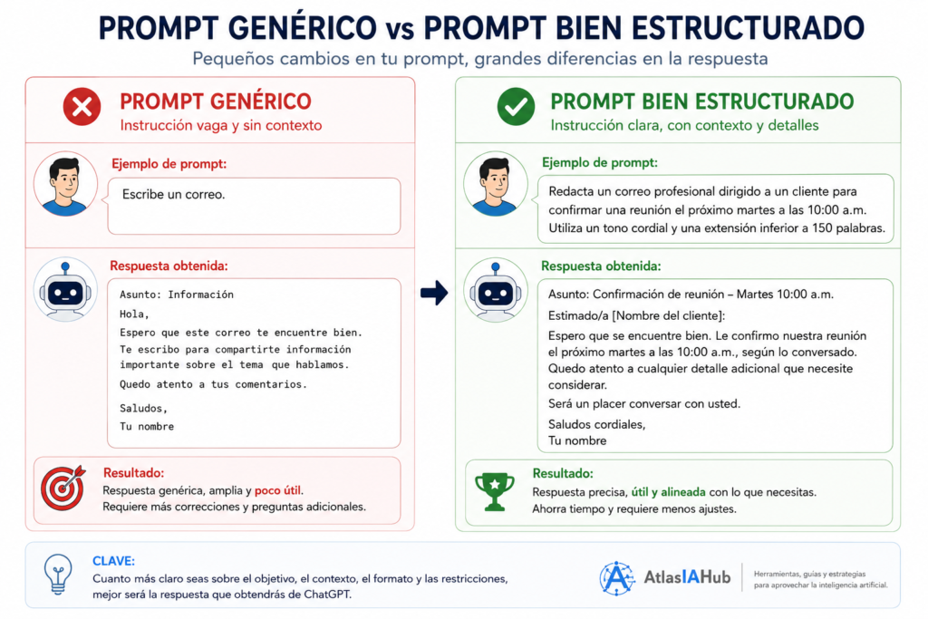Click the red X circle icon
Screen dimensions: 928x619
pos(82,107)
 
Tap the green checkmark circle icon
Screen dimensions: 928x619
pos(516,107)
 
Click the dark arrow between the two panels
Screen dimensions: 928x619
pos(434,293)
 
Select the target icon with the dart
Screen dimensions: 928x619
pos(63,488)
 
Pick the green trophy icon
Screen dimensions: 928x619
pos(495,491)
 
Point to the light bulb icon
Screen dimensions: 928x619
pos(58,574)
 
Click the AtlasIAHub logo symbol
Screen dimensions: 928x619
pos(616,577)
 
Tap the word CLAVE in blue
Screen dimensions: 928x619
pos(113,560)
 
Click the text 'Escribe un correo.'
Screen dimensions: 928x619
pos(173,194)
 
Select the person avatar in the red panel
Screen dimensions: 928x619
pos(65,184)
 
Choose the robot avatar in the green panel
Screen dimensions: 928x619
pos(496,289)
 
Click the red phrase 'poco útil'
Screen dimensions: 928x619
pos(277,490)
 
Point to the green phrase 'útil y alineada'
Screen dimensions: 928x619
pos(668,492)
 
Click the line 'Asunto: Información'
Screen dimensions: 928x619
pos(177,295)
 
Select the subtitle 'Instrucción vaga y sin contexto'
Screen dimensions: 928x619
pos(221,125)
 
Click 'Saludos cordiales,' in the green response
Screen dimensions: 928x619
pos(596,424)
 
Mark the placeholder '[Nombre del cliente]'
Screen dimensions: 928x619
pos(668,315)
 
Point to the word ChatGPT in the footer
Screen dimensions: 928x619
pos(328,595)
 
